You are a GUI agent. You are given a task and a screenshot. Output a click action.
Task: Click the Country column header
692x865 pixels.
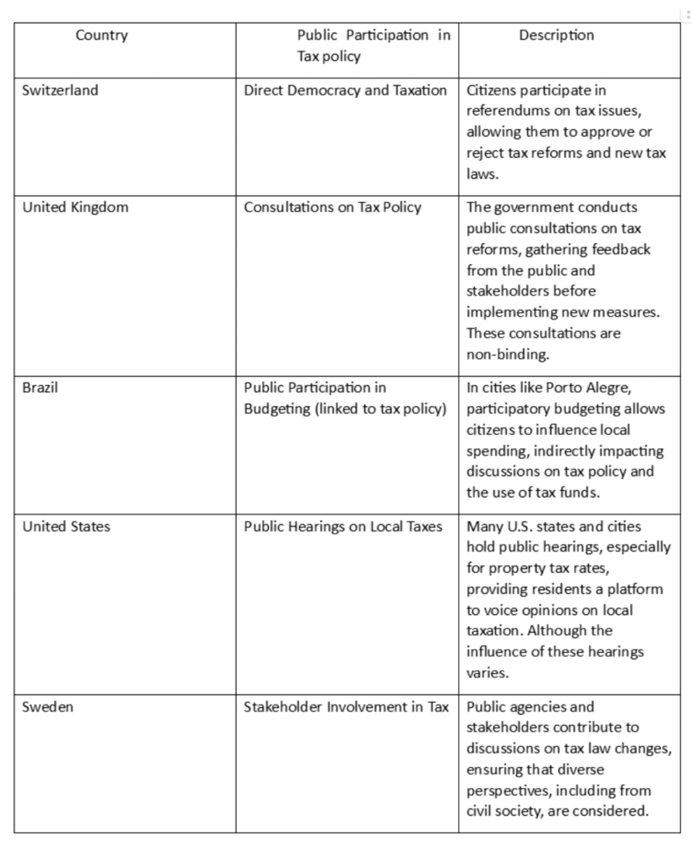(x=101, y=35)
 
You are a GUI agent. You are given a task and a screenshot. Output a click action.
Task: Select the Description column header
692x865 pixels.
(x=557, y=35)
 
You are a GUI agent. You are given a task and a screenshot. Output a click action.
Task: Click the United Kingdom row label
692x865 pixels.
(x=75, y=208)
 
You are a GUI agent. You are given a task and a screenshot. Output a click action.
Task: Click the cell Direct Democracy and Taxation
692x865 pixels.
(x=345, y=90)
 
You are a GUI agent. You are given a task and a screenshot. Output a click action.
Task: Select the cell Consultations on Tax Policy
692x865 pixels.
(x=332, y=208)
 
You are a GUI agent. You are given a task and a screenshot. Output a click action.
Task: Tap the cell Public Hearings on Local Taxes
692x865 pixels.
(x=342, y=527)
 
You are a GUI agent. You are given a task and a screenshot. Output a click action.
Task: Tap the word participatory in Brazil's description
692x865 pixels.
(x=506, y=410)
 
